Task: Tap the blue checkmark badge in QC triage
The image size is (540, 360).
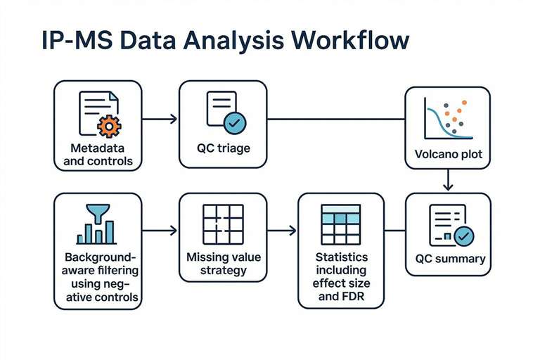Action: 234,124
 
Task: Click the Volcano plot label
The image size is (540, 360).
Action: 448,155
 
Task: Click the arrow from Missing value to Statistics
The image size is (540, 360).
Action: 281,230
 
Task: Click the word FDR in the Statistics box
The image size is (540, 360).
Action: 354,296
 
